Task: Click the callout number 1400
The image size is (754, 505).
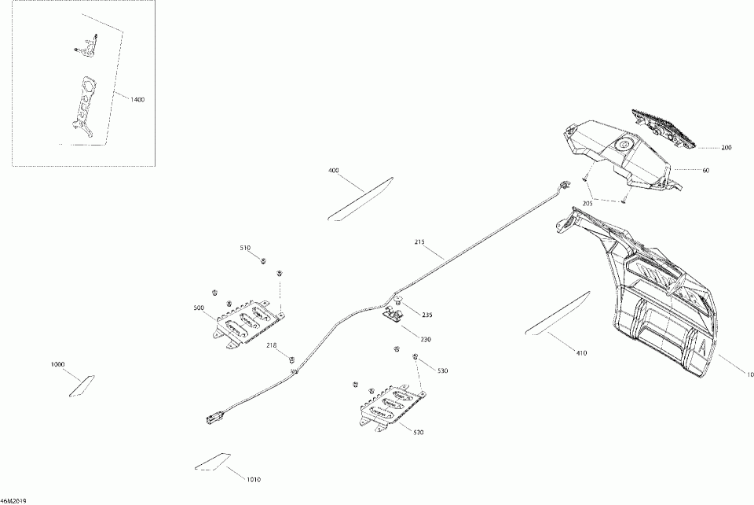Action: tap(138, 100)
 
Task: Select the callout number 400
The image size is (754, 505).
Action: tap(334, 171)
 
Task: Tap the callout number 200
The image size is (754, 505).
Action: tap(727, 148)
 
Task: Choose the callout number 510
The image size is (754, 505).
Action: tap(245, 248)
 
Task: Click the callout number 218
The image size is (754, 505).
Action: tap(271, 345)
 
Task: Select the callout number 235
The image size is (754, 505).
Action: tap(426, 315)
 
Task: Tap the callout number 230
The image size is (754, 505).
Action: tap(426, 340)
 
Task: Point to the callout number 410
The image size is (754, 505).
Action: tap(581, 353)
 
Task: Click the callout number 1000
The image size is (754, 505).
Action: tap(58, 364)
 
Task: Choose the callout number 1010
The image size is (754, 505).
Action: tap(254, 480)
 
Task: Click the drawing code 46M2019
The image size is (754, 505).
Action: tap(15, 499)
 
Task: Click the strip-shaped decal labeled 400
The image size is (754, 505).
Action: tap(362, 197)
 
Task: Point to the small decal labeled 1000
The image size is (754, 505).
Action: tap(82, 385)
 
